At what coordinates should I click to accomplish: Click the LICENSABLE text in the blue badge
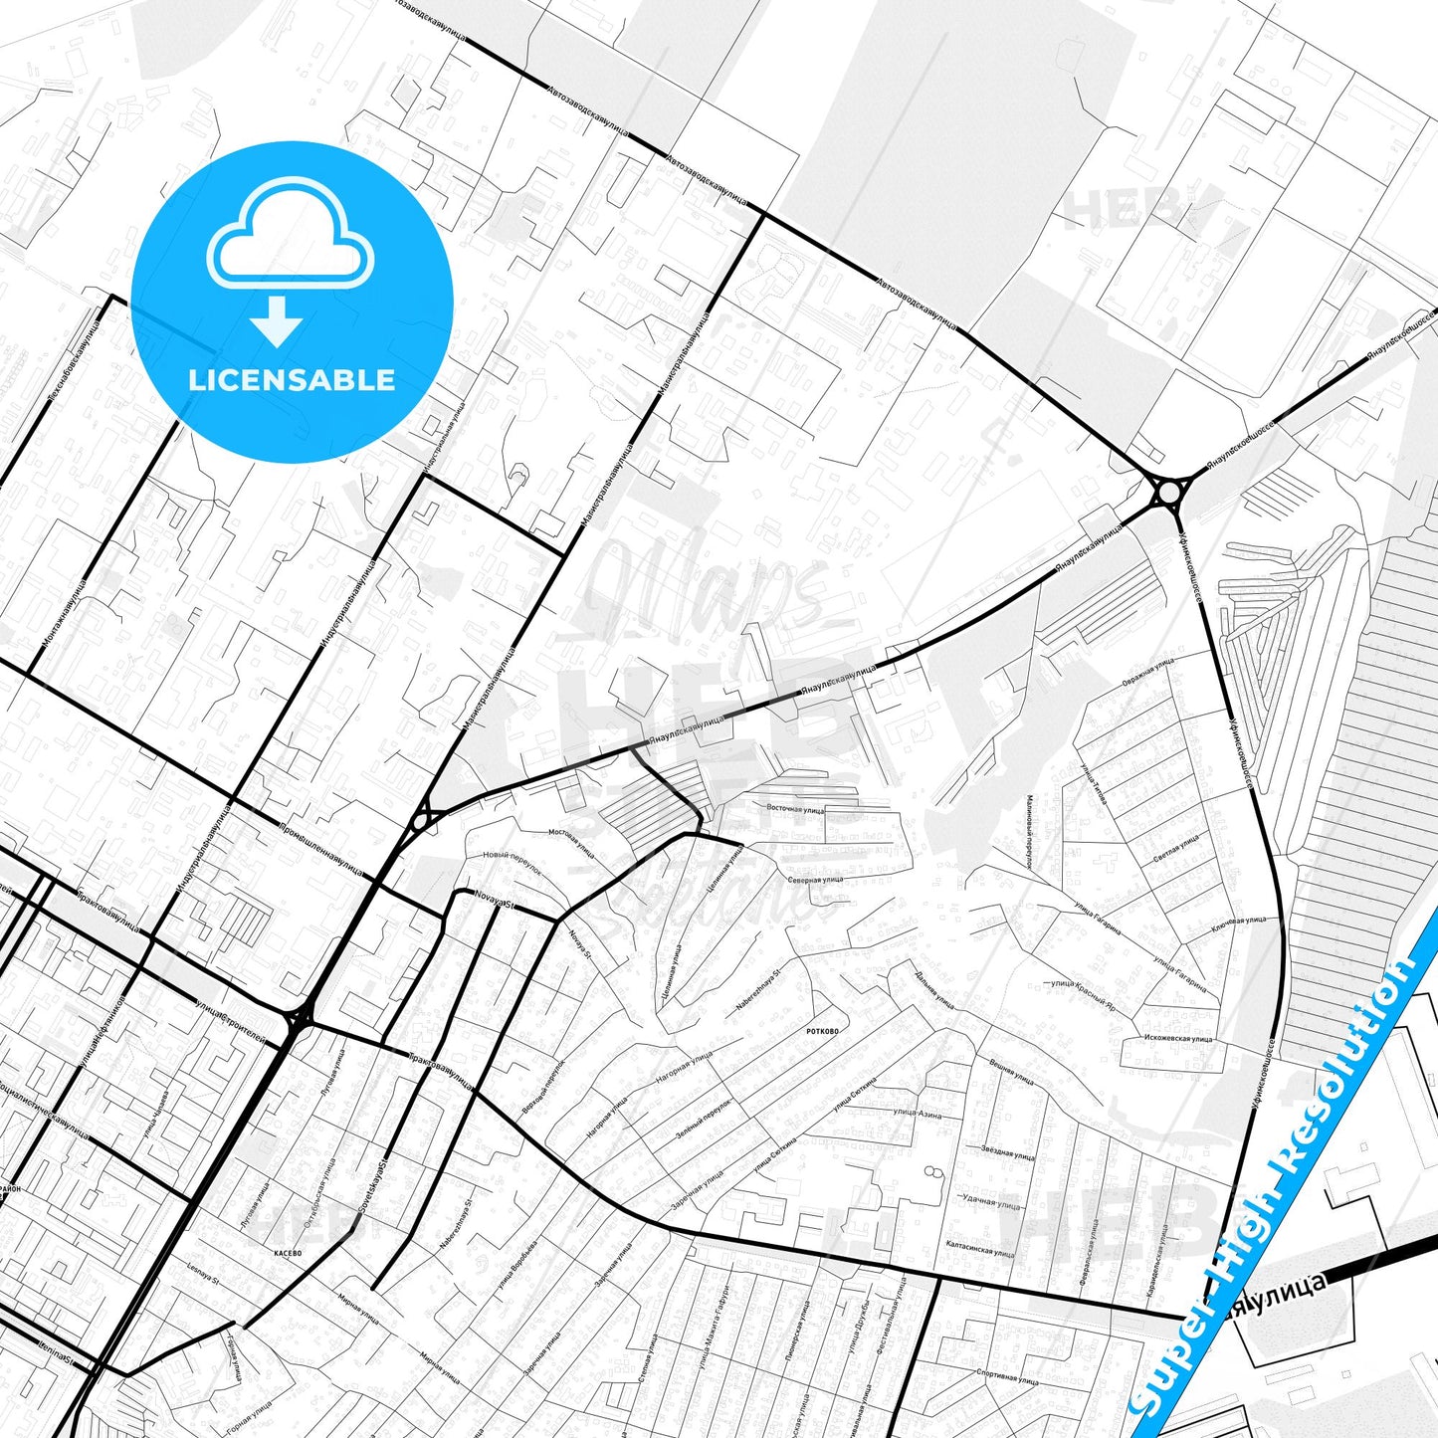point(292,380)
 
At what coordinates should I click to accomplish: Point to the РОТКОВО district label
point(822,1031)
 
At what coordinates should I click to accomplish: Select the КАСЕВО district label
point(288,1253)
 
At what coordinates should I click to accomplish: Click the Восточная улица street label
point(795,809)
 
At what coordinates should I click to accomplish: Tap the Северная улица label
point(815,880)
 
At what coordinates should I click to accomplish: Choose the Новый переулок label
point(512,861)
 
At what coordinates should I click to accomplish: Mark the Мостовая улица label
point(572,842)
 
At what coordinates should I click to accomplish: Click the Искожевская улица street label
point(1178,1039)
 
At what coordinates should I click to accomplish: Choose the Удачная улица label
point(991,1201)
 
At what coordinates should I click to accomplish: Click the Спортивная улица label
point(1007,1378)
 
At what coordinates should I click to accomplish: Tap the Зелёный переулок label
point(703,1117)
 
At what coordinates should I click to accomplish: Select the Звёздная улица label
point(1007,1152)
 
